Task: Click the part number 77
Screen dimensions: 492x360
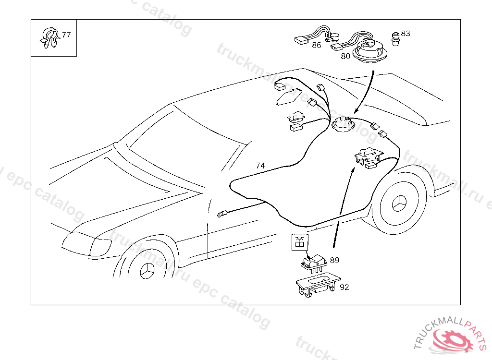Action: tap(66, 35)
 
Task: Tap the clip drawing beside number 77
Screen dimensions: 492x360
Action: tap(49, 37)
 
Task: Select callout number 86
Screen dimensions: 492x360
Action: tap(316, 45)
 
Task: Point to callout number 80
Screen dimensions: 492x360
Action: tap(345, 56)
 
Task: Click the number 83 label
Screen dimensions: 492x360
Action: tap(406, 34)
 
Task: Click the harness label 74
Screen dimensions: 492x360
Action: tap(260, 166)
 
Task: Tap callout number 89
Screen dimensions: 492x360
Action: tap(334, 260)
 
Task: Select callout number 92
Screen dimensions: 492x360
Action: tap(344, 287)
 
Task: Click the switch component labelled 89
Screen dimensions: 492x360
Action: tap(313, 262)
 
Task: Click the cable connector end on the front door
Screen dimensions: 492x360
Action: tap(222, 214)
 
